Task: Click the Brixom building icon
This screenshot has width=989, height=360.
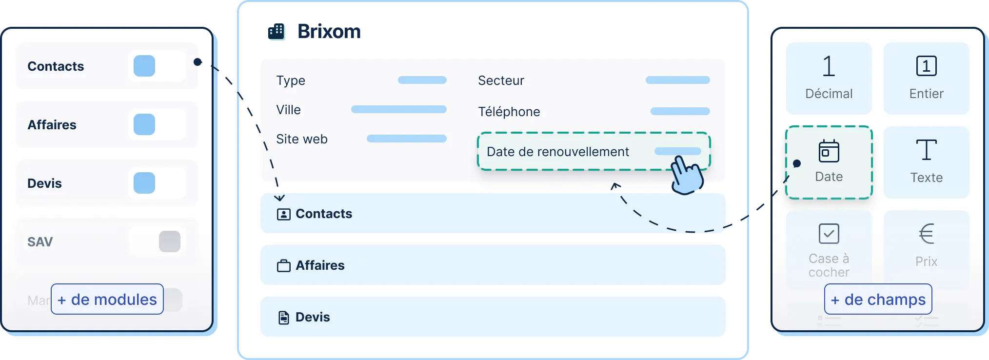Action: [x=276, y=32]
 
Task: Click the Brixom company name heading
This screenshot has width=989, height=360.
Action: [x=329, y=32]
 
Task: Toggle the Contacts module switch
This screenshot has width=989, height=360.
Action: [x=157, y=66]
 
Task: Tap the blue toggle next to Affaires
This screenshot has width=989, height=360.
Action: [x=157, y=124]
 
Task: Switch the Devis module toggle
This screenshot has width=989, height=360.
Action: [x=157, y=183]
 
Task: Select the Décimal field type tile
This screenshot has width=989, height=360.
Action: [x=829, y=78]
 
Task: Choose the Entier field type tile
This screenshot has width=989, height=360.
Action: [x=926, y=78]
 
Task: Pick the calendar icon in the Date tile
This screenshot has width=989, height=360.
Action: [x=829, y=151]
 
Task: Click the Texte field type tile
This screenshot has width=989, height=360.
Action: [x=926, y=162]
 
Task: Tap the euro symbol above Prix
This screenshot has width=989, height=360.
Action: [x=926, y=234]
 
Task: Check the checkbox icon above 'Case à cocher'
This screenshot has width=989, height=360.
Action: [x=829, y=234]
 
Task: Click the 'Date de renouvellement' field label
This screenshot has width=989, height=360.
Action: [x=558, y=152]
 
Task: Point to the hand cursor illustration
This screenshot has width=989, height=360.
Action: [x=687, y=175]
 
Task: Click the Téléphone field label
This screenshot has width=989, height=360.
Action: [x=509, y=112]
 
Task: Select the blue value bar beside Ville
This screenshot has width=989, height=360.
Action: [x=399, y=109]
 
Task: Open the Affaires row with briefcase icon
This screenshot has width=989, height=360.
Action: [x=493, y=265]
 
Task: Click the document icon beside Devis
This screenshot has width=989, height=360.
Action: [x=283, y=318]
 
